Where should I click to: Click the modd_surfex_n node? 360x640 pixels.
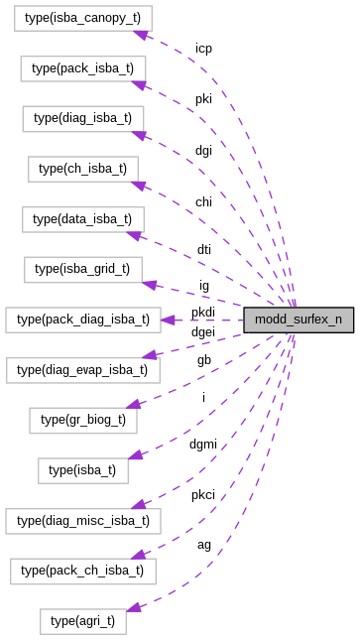(x=299, y=320)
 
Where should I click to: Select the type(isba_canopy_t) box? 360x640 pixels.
(x=75, y=19)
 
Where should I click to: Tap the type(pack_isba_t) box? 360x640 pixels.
(x=83, y=68)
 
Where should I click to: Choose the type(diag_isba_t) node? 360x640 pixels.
(x=82, y=118)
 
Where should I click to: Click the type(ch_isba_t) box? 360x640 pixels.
(x=82, y=169)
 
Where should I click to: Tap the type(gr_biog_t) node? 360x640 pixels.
(x=83, y=420)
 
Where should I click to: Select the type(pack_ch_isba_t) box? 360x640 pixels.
(x=82, y=570)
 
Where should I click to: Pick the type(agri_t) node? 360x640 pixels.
(x=82, y=621)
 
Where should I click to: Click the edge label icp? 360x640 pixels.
(x=203, y=48)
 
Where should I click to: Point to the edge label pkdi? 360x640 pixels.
(x=202, y=313)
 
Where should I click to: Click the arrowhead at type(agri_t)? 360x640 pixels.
(x=133, y=606)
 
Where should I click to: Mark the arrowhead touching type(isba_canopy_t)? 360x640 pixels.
(x=141, y=34)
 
